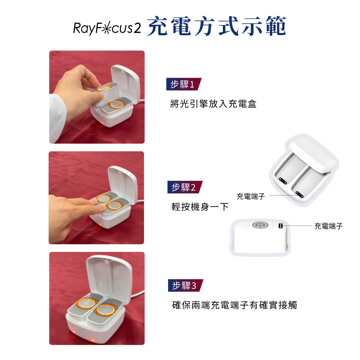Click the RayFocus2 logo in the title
[107, 28]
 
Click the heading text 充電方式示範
[216, 26]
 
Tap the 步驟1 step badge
[184, 84]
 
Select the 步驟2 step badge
[185, 187]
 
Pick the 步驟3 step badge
[185, 285]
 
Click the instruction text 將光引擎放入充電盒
[213, 104]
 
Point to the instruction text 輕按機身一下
[200, 207]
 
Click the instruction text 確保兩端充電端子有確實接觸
[234, 305]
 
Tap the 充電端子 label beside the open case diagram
[251, 196]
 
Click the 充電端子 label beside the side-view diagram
[329, 226]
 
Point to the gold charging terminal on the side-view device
[280, 226]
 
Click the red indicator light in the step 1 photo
[101, 123]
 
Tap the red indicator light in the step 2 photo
[100, 225]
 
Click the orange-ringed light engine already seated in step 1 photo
[117, 104]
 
